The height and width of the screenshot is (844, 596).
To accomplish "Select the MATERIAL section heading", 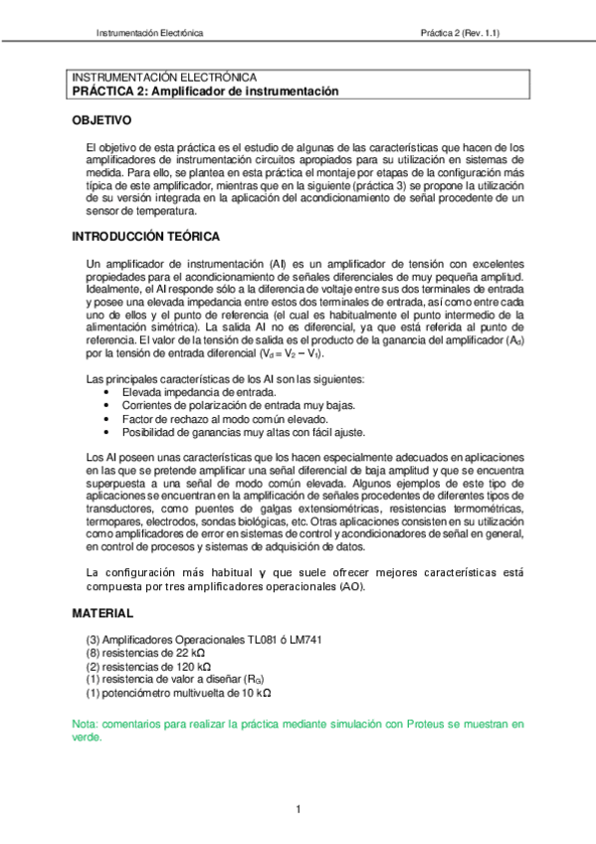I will point(103,613).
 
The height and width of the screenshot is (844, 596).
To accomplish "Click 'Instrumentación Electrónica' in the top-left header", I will point(149,33).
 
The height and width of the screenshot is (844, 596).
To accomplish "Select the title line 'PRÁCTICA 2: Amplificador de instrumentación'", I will point(206,91).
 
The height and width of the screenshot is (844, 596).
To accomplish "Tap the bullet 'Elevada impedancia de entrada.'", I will point(193,393).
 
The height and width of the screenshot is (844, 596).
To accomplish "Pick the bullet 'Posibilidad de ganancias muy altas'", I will point(229,432).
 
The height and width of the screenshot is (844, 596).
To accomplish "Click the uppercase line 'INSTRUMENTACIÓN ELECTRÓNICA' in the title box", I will point(165,78).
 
